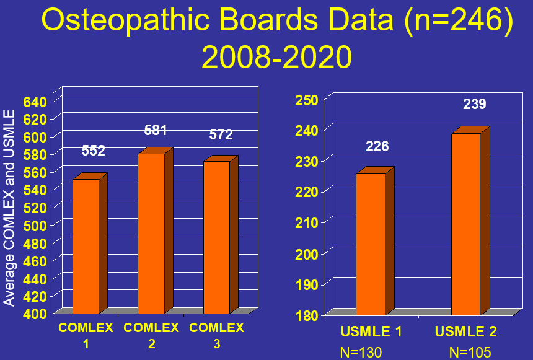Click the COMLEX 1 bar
(86, 246)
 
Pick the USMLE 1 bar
(370, 244)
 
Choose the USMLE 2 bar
(465, 224)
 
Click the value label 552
(93, 151)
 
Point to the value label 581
(156, 130)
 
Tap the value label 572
(221, 135)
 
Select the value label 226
(377, 146)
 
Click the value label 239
(475, 104)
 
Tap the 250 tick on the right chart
(307, 100)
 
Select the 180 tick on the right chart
(307, 315)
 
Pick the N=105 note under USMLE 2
(470, 353)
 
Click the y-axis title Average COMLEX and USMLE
(9, 208)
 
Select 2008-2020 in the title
(276, 58)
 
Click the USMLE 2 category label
(466, 332)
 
